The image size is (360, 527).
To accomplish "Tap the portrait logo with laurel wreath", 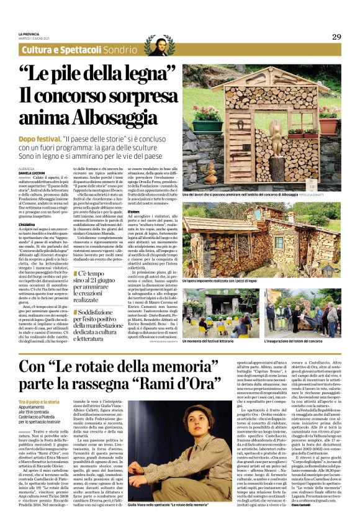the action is pos(160,45).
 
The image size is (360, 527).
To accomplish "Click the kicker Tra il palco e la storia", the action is pos(39,402).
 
